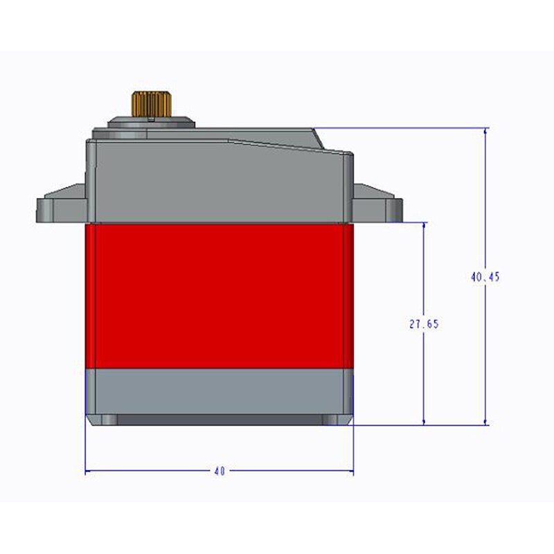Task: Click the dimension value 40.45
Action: coord(485,276)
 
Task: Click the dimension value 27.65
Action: coord(424,323)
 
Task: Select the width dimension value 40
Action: coord(220,472)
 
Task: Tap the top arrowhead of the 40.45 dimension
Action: coord(485,132)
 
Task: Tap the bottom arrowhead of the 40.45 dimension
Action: coord(485,421)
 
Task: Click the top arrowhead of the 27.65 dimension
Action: coord(424,226)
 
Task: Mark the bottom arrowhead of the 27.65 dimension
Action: coord(424,421)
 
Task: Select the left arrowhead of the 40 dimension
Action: coord(89,472)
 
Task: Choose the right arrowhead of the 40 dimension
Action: coord(349,472)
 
